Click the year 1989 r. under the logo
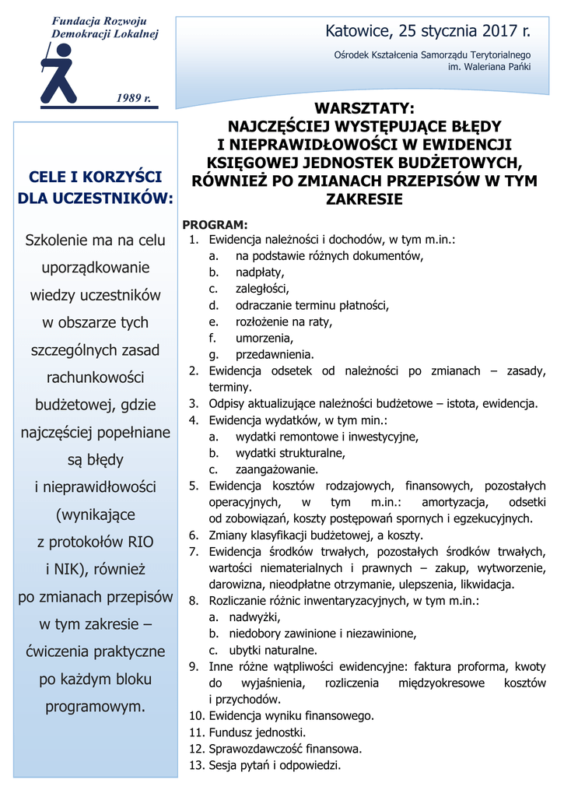pyautogui.click(x=133, y=97)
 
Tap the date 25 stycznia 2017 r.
pyautogui.click(x=464, y=32)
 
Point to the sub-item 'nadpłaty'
pyautogui.click(x=260, y=272)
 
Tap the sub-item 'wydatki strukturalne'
pyautogui.click(x=290, y=453)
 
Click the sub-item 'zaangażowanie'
pyautogui.click(x=277, y=469)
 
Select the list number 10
pyautogui.click(x=196, y=715)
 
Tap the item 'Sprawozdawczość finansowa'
pyautogui.click(x=285, y=749)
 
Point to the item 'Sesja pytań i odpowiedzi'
pyautogui.click(x=275, y=765)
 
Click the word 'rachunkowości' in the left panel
pyautogui.click(x=95, y=377)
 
